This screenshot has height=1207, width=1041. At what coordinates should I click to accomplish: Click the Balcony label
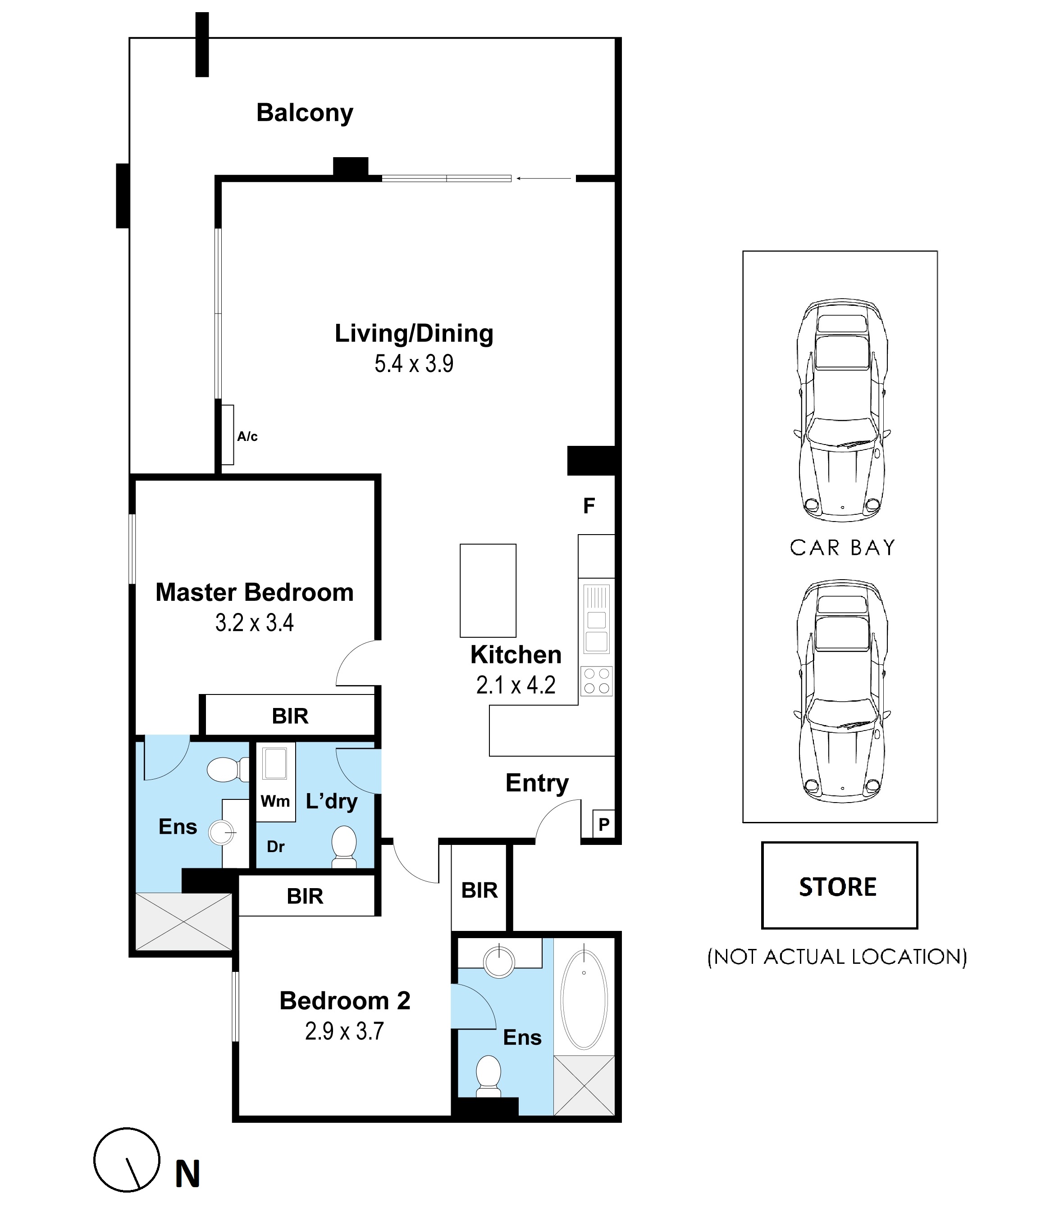pyautogui.click(x=304, y=113)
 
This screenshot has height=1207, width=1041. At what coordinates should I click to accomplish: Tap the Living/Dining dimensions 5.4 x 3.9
pyautogui.click(x=414, y=364)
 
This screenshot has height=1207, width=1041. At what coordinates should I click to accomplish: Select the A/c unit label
pyautogui.click(x=247, y=436)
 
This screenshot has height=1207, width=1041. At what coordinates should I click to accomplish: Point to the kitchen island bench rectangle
pyautogui.click(x=488, y=590)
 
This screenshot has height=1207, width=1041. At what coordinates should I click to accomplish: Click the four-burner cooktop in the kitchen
pyautogui.click(x=596, y=681)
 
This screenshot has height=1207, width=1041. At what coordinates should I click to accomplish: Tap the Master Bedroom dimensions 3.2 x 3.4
pyautogui.click(x=254, y=623)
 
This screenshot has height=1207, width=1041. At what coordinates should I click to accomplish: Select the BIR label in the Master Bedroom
pyautogui.click(x=290, y=716)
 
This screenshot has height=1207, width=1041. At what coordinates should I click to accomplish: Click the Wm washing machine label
pyautogui.click(x=275, y=802)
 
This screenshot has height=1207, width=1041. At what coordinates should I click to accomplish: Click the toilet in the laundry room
pyautogui.click(x=344, y=848)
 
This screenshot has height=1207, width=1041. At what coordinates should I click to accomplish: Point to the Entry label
pyautogui.click(x=537, y=784)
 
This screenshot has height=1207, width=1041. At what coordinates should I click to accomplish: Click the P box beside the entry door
pyautogui.click(x=604, y=824)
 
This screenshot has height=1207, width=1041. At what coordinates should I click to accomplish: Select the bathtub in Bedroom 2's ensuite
pyautogui.click(x=584, y=1000)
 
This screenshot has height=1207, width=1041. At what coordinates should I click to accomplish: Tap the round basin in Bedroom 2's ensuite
pyautogui.click(x=499, y=961)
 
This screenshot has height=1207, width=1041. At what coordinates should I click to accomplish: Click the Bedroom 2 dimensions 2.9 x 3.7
pyautogui.click(x=344, y=1032)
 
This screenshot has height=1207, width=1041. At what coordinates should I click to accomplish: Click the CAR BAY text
pyautogui.click(x=842, y=548)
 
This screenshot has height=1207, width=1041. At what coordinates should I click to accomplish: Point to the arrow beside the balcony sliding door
pyautogui.click(x=543, y=178)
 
